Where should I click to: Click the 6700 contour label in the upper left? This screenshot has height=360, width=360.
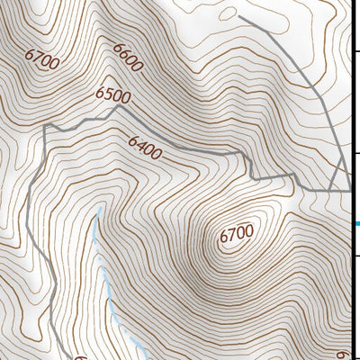coord(42,62)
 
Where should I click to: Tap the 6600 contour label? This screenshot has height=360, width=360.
coord(129,58)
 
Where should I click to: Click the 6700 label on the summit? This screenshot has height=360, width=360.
coord(236,234)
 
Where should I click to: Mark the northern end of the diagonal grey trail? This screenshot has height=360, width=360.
coord(239,15)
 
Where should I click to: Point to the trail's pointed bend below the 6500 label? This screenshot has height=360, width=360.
coord(118,107)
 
